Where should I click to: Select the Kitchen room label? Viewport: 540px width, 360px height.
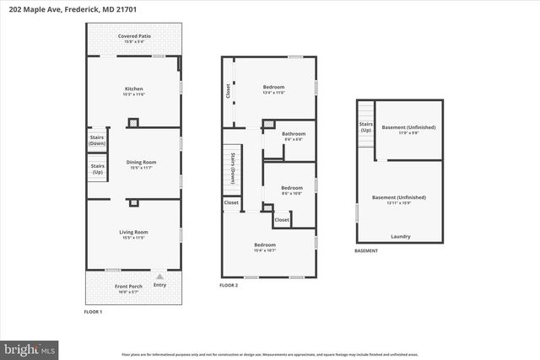pos(133,90)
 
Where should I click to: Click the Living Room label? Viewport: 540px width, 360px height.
pos(133,234)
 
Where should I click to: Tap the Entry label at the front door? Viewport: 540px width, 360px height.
pos(159,285)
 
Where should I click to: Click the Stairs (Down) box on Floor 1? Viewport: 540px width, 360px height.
pos(98,141)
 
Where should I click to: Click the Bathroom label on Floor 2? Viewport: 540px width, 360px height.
pos(294,135)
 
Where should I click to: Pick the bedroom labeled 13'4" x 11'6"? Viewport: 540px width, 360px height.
pos(273,89)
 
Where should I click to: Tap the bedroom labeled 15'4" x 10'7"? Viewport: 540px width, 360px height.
pos(265,247)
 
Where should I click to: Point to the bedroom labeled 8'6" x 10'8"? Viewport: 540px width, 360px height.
pos(291,190)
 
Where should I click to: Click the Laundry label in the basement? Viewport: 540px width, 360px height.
pos(401,237)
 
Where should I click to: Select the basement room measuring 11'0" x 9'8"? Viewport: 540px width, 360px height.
pos(408,130)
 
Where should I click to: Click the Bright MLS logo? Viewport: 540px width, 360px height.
pos(29,347)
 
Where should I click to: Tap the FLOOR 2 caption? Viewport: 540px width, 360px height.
pos(229,286)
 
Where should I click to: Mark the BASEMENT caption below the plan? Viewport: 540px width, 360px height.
pos(366,251)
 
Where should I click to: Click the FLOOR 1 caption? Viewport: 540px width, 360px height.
pos(93,313)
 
